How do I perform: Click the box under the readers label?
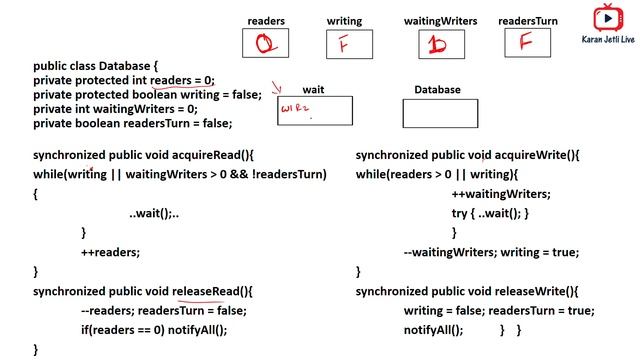point(265,44)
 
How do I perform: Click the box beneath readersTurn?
point(530,44)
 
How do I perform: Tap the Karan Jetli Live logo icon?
point(607,19)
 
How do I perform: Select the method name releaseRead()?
point(213,291)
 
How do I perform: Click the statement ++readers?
point(111,252)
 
